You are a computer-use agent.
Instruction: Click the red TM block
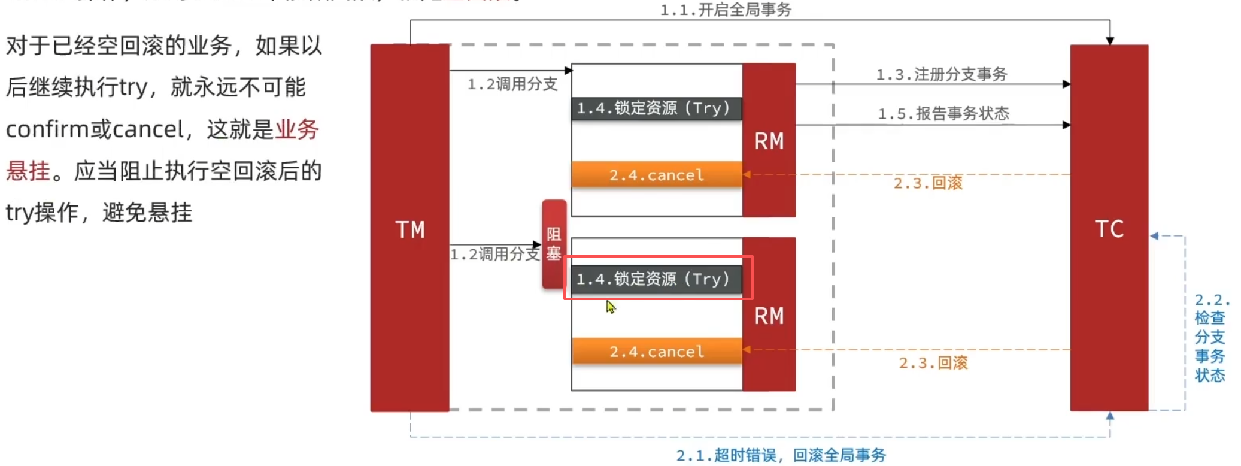click(409, 228)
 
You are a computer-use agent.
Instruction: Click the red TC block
click(1109, 228)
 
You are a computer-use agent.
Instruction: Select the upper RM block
click(769, 140)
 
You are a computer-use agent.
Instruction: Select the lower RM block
click(769, 315)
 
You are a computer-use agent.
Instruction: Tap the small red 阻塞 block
click(554, 244)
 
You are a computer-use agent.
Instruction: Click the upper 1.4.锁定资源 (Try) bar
click(656, 108)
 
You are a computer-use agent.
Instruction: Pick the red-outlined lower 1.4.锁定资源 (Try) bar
click(656, 279)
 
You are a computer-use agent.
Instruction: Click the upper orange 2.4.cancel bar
click(656, 175)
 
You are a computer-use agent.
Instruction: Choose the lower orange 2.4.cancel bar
click(656, 352)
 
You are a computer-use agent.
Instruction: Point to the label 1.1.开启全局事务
click(726, 10)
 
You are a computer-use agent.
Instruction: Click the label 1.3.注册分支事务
click(942, 74)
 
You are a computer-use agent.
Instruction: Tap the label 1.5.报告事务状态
click(943, 113)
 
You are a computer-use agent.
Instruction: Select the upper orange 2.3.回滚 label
click(928, 183)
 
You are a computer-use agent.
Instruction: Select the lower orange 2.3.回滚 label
click(933, 362)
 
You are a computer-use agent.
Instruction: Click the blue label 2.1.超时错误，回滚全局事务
click(781, 455)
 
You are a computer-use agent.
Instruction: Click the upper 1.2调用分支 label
click(512, 84)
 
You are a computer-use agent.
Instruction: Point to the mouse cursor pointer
click(610, 306)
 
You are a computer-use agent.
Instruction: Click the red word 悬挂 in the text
click(28, 171)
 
